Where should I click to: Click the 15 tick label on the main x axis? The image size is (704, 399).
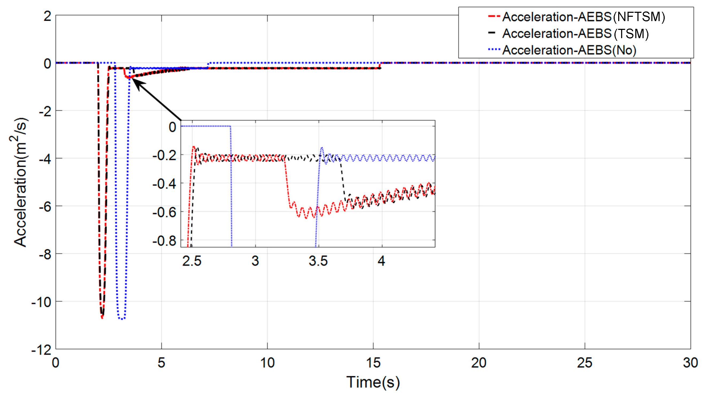[x=373, y=363]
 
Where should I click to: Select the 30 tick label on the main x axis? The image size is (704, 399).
[x=690, y=363]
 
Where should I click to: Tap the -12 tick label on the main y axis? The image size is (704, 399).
[x=41, y=350]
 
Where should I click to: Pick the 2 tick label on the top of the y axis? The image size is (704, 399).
[x=47, y=16]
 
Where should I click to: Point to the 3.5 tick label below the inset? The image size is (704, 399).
[x=318, y=261]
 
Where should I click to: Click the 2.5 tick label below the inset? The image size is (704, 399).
[x=192, y=261]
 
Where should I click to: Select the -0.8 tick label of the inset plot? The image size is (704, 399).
[x=164, y=241]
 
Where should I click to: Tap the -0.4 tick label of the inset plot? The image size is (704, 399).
[x=164, y=184]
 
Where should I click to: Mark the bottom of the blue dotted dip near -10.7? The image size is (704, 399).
[x=122, y=318]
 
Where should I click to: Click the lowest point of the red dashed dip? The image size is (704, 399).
[x=102, y=318]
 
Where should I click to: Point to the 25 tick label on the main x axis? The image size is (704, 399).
[x=584, y=363]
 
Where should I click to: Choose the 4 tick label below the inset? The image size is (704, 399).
[x=381, y=261]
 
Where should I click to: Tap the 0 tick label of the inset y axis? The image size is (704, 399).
[x=172, y=127]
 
